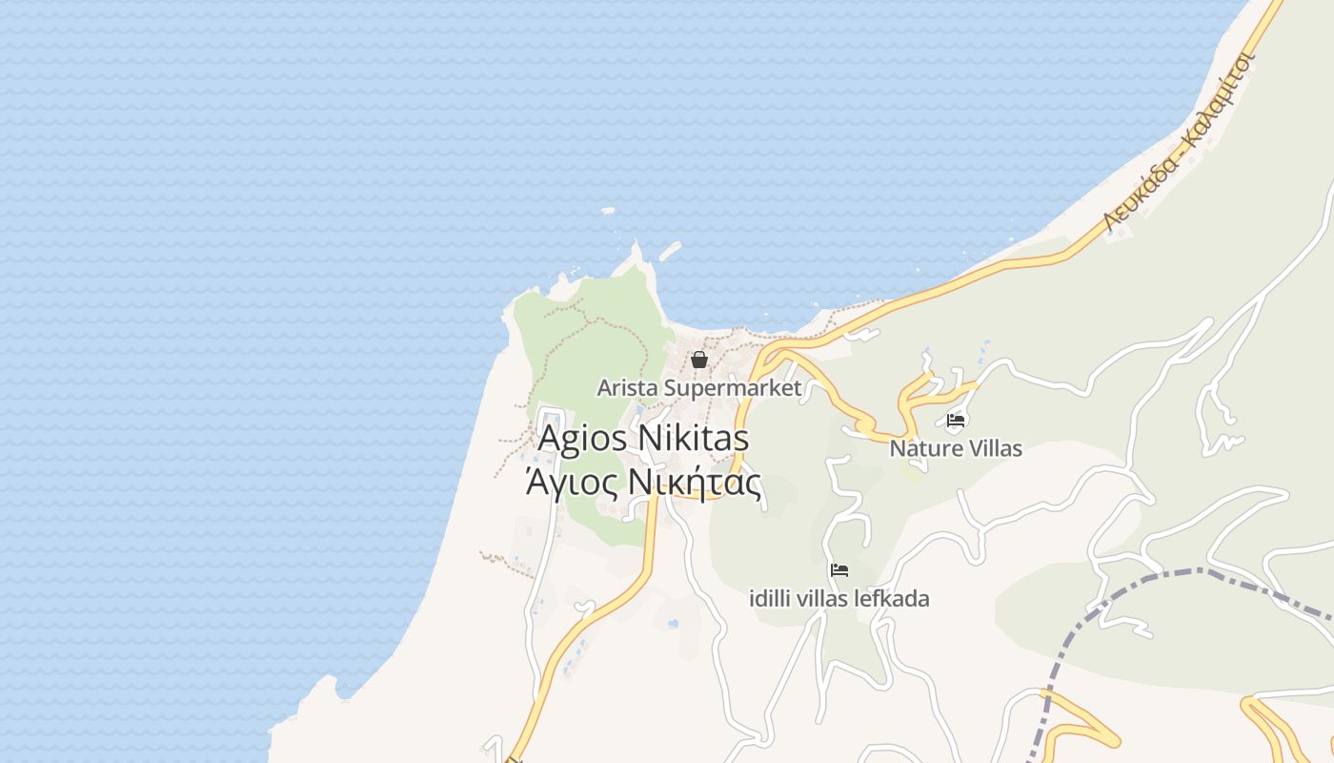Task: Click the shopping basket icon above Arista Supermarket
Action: coord(699,360)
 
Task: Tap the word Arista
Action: coord(627,388)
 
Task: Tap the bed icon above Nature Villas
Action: coord(956,420)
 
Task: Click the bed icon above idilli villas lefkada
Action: coord(839,570)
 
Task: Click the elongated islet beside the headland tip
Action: coord(670,251)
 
